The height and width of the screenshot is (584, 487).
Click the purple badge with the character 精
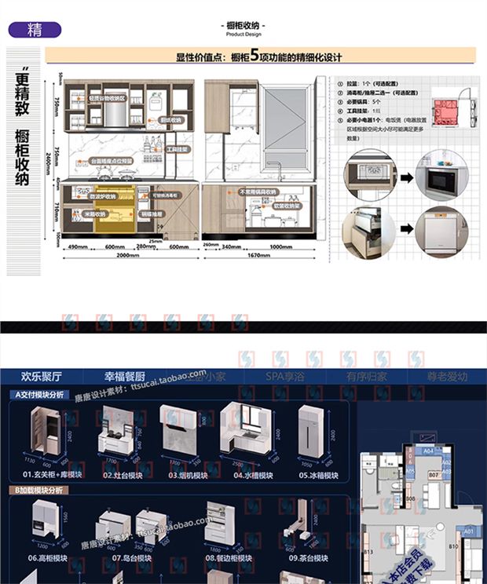34,31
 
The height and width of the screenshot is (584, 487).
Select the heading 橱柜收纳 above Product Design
244,26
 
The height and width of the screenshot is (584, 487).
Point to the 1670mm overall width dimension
261,256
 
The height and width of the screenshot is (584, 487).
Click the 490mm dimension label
76,247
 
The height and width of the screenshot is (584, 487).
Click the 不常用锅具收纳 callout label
258,191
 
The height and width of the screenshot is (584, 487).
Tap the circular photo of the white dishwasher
441,231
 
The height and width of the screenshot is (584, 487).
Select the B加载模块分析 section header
39,491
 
